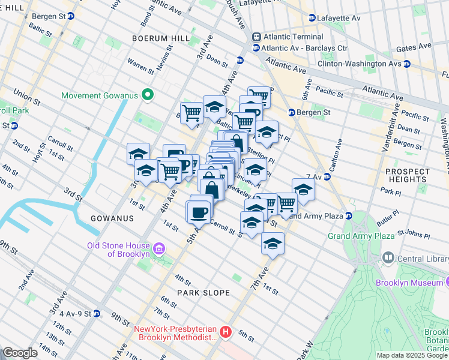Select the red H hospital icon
(226, 332)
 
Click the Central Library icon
(388, 259)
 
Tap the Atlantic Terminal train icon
(256, 37)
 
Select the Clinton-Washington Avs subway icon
(406, 64)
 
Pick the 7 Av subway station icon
(327, 176)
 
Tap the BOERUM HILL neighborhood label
(157, 38)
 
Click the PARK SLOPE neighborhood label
(203, 293)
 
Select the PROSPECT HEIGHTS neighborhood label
(408, 176)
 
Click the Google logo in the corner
(20, 353)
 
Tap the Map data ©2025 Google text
(411, 355)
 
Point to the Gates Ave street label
(414, 46)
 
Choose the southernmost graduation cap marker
(273, 244)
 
